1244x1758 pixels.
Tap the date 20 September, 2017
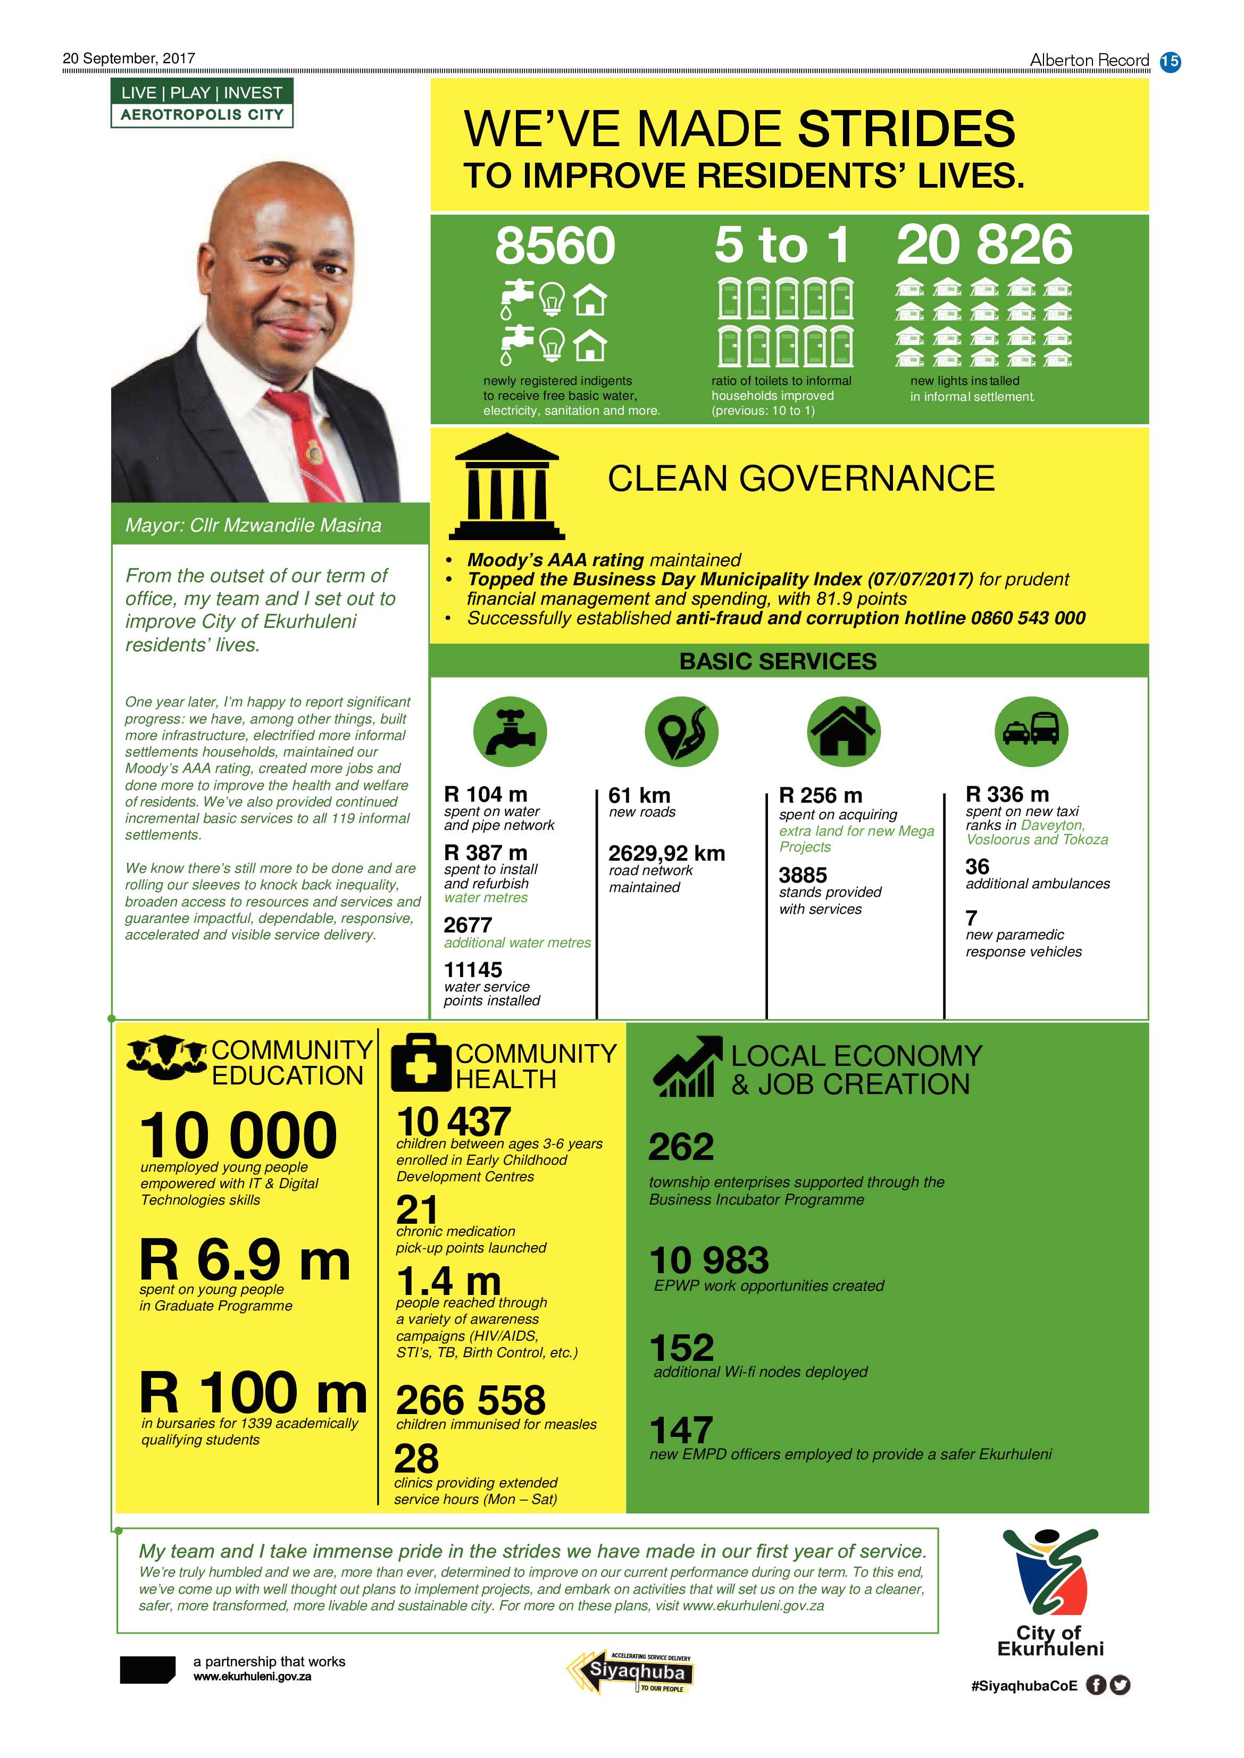(129, 58)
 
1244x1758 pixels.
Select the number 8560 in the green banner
(555, 246)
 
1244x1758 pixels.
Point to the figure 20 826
(984, 245)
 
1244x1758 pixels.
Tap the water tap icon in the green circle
(510, 731)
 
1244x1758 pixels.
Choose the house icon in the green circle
(844, 731)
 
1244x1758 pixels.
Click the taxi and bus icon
(1031, 731)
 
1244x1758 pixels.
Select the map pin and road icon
(681, 731)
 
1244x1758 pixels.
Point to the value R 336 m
(1007, 794)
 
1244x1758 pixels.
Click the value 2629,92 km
(666, 853)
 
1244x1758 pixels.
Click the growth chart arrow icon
(687, 1066)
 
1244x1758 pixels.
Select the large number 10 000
(238, 1135)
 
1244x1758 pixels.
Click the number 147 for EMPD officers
(681, 1431)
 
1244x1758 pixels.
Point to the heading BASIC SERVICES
(778, 661)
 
